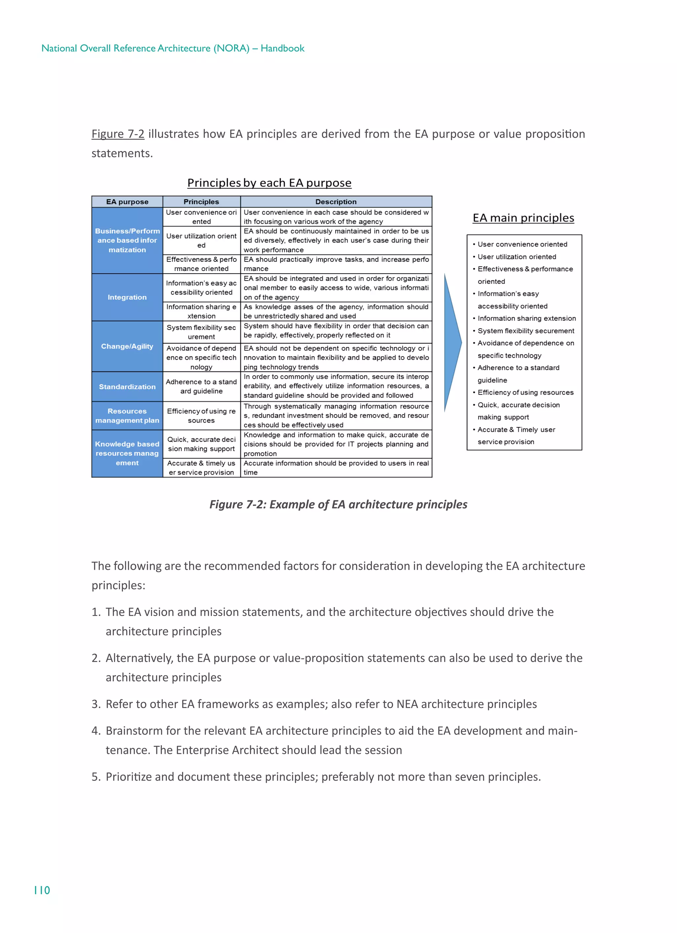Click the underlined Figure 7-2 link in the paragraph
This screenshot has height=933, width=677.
pos(118,134)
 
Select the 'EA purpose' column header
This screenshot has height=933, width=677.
pos(127,202)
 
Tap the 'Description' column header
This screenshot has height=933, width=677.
pos(336,202)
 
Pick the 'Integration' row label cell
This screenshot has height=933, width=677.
pos(127,297)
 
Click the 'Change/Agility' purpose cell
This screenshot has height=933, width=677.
pos(127,346)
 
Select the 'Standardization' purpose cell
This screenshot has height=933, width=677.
pos(127,387)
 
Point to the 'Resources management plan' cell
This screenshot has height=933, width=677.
pos(127,415)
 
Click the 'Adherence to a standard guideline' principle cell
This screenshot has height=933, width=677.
pos(201,387)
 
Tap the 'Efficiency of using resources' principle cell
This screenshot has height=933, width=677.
pos(201,415)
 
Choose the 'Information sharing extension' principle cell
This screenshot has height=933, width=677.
pos(201,311)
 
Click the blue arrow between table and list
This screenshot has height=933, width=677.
pos(453,342)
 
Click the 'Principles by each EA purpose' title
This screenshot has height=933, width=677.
pos(269,183)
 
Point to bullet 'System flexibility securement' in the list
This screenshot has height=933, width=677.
pos(526,331)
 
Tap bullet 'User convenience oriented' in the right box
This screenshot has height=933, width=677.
pos(522,244)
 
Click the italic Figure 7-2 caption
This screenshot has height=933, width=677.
pos(338,504)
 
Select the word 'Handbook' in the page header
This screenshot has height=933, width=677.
pos(282,49)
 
